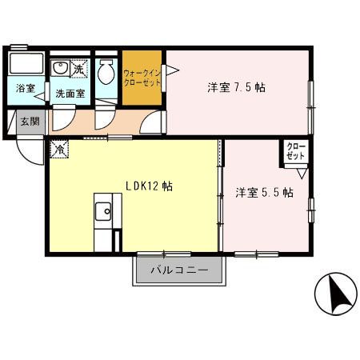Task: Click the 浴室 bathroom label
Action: click(x=25, y=89)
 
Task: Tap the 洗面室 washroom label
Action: click(x=70, y=94)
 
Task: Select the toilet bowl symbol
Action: click(x=106, y=73)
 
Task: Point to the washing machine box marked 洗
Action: click(x=78, y=70)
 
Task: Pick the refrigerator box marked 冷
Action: click(x=60, y=148)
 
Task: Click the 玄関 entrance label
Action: click(x=29, y=122)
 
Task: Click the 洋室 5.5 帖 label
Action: click(x=263, y=193)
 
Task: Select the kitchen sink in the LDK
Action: click(x=104, y=212)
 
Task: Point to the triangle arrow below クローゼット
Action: click(x=301, y=171)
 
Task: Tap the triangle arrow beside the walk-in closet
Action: click(x=170, y=70)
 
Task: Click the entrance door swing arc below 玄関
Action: click(x=30, y=153)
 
